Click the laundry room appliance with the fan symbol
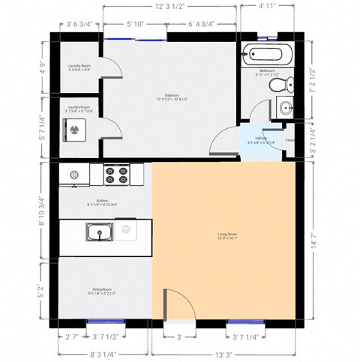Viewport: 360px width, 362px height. coord(75,130)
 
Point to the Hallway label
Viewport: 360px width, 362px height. coord(261,139)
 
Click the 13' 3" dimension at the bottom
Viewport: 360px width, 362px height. coord(225,353)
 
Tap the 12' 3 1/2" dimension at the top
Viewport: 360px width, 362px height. coord(171,7)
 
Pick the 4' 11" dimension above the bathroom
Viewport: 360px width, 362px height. coord(267,7)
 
